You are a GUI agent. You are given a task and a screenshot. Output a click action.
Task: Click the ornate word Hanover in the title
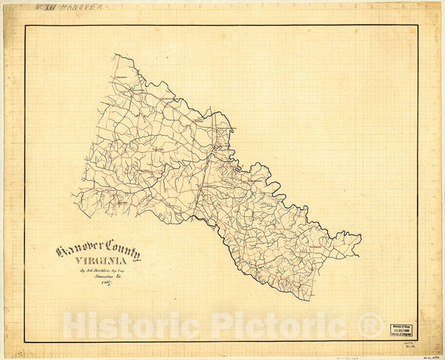79,251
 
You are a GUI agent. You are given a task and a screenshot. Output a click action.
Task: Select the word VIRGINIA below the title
98,261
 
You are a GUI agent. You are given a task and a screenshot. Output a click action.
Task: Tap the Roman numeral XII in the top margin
52,7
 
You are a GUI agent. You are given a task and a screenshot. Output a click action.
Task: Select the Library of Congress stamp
403,330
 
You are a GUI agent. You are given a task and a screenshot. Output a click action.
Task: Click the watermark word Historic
133,324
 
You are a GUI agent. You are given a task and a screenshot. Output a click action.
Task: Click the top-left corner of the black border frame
25,26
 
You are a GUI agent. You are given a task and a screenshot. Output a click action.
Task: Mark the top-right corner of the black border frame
418,26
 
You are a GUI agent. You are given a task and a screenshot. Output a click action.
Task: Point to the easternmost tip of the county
360,238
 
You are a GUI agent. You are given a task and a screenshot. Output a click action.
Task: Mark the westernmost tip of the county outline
72,195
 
